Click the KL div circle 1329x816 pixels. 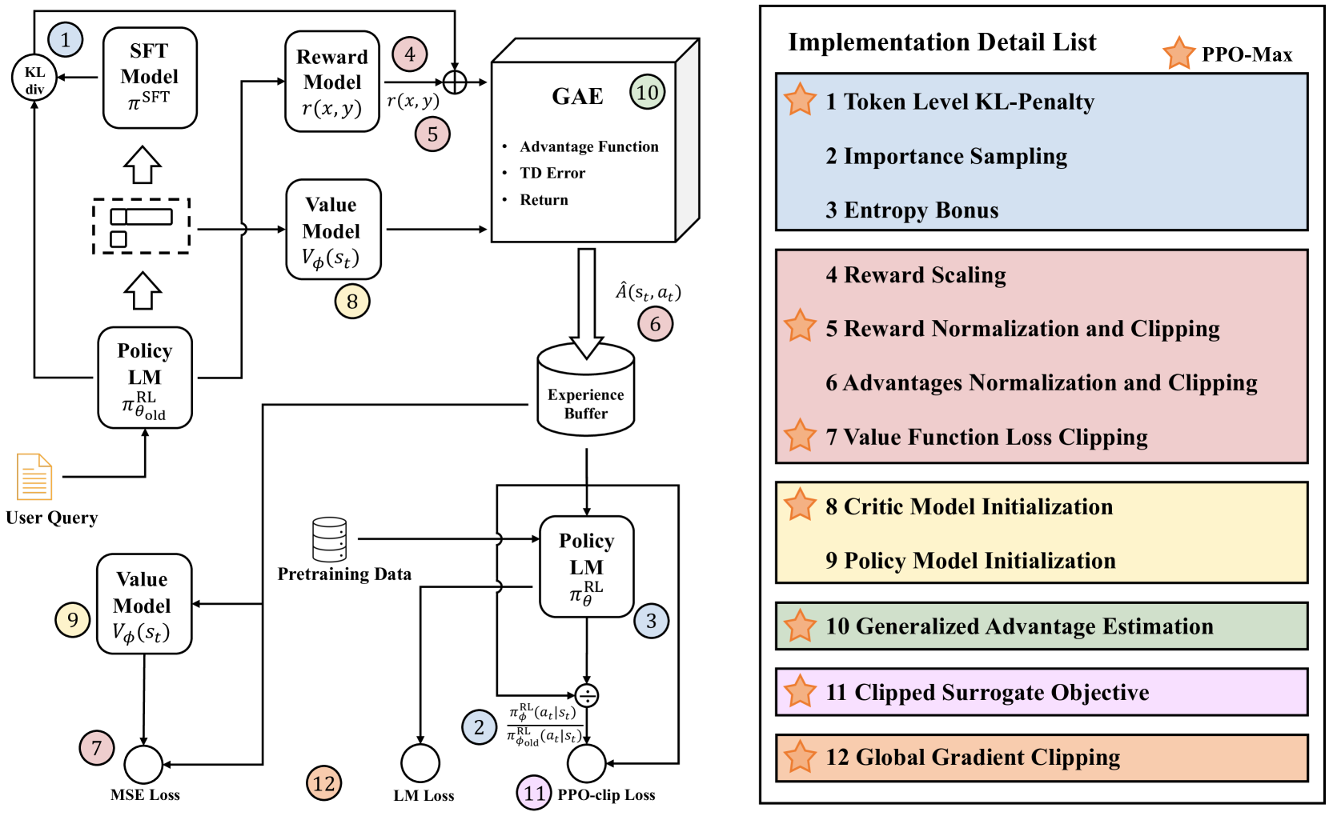(34, 77)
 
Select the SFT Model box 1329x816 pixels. (150, 78)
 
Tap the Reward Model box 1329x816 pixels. (332, 82)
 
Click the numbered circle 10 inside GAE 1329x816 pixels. (648, 92)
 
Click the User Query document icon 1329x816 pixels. (34, 477)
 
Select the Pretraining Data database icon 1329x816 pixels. (329, 540)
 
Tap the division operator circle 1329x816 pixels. (587, 696)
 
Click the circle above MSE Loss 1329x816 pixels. (143, 765)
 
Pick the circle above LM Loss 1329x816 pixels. (420, 763)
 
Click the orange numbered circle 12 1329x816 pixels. (324, 783)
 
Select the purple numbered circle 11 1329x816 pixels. (535, 793)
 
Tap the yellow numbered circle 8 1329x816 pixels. (352, 302)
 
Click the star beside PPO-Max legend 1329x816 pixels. (1178, 54)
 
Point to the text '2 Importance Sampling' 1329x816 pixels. (946, 156)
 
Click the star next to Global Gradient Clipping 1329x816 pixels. (800, 757)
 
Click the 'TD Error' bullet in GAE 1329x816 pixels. (552, 173)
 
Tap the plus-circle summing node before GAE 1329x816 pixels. (455, 82)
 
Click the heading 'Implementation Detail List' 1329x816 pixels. (942, 42)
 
